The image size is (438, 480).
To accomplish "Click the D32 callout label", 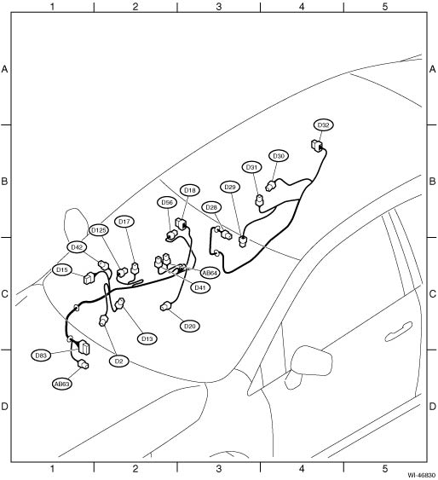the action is (x=323, y=124).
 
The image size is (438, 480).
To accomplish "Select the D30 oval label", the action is (x=279, y=156).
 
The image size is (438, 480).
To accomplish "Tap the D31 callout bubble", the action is (x=251, y=167).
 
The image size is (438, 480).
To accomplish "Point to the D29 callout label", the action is (x=230, y=187).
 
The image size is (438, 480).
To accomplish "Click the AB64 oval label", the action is (x=210, y=273).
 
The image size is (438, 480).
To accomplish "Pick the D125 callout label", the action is (x=99, y=230).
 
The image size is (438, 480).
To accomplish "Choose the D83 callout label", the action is (x=41, y=356).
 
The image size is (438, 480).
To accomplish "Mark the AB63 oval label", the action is (x=62, y=384).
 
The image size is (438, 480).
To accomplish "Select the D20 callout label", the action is (x=190, y=326).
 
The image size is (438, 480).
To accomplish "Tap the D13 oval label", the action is (x=147, y=338).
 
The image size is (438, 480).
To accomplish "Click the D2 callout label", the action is (x=119, y=361).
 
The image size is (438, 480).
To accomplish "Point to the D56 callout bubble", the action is (x=167, y=202).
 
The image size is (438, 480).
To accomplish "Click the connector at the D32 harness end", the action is (x=316, y=146).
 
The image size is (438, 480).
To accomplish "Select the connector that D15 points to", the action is (x=89, y=278).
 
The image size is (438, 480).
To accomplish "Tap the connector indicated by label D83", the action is (x=84, y=348).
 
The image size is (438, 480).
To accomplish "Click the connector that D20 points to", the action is (x=165, y=306).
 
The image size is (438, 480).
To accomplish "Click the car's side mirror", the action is (x=310, y=363).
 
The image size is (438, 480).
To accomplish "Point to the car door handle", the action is (x=399, y=331).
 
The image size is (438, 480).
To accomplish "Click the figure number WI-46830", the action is (x=422, y=475).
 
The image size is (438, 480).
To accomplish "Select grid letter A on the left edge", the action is (x=4, y=69).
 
